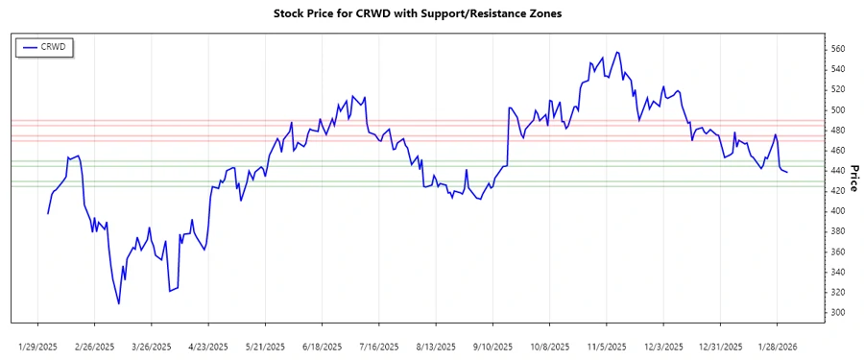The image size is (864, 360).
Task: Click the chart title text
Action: pos(431,13)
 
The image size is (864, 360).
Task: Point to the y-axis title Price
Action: pos(853,177)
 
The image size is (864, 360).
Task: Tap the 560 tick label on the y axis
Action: pos(838,48)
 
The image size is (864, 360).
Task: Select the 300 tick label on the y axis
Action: pos(838,313)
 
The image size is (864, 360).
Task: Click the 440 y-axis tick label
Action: pos(838,171)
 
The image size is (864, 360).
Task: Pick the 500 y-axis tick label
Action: pos(838,109)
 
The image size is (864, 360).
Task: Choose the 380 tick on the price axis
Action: pos(838,231)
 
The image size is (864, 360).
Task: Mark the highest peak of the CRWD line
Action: pos(616,52)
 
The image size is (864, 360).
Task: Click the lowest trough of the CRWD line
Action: pos(119,304)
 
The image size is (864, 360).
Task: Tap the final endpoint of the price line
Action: pos(787,172)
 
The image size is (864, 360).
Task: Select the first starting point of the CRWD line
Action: pos(47,213)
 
